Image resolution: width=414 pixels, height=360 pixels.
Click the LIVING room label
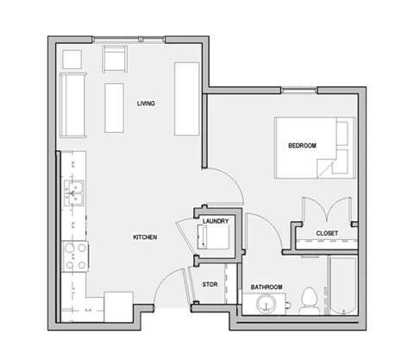coord(146,104)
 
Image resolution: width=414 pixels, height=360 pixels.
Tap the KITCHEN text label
coord(144,237)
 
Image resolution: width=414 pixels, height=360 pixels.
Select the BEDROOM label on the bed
coord(303,147)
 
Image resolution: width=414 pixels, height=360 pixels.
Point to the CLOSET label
coord(326,233)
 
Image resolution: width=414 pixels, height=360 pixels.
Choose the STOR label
coord(210,283)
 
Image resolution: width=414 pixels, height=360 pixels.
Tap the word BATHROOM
coord(267,287)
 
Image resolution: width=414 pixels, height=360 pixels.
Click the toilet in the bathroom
coord(307,301)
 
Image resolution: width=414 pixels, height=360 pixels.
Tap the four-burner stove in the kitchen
coord(74,254)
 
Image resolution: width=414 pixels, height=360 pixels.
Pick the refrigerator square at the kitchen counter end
coord(117,306)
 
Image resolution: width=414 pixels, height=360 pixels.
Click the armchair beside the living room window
coord(115,60)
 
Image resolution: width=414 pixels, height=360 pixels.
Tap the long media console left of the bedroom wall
coord(185,98)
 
